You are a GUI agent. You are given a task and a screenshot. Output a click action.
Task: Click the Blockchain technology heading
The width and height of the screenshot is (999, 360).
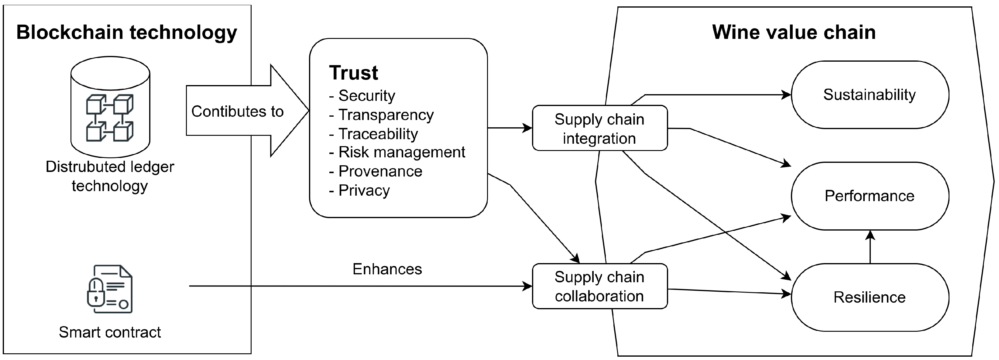(x=126, y=33)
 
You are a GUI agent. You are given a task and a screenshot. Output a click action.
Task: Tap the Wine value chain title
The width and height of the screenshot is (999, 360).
(x=794, y=33)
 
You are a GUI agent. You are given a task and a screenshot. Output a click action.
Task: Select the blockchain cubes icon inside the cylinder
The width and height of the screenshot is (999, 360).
(x=110, y=118)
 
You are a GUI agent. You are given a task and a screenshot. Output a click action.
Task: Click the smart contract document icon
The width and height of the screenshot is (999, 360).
(x=110, y=289)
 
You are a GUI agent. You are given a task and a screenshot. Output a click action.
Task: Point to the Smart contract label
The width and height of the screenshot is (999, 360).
(x=110, y=332)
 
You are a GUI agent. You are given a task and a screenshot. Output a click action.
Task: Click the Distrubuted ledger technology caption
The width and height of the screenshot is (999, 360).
(x=110, y=176)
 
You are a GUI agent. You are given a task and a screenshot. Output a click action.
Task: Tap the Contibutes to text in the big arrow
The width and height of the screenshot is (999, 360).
(x=237, y=112)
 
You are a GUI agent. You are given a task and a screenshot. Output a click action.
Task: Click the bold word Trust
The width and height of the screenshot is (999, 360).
(x=353, y=73)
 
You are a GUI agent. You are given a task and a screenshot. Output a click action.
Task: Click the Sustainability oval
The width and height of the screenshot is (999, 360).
(x=870, y=95)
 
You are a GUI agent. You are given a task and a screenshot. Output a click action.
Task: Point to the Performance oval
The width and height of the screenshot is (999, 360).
(x=870, y=196)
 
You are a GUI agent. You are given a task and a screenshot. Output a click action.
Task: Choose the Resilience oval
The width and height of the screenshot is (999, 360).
(x=870, y=297)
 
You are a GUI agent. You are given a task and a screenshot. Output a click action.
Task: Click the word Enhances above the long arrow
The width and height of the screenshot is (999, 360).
(x=387, y=269)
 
